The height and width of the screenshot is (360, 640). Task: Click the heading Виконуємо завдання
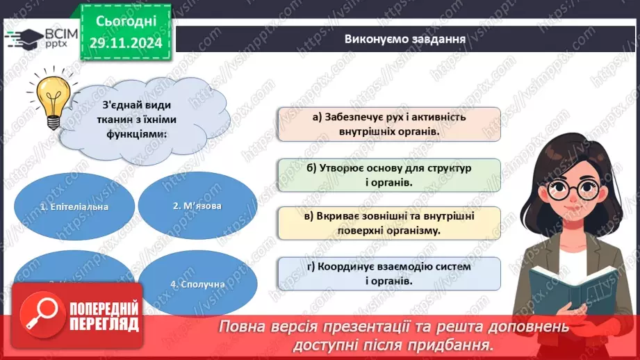coord(404,38)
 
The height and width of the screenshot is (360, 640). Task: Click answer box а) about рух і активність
coord(389,124)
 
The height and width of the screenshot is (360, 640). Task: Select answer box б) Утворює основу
coord(389,175)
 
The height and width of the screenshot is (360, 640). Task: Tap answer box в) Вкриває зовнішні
coord(389,223)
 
